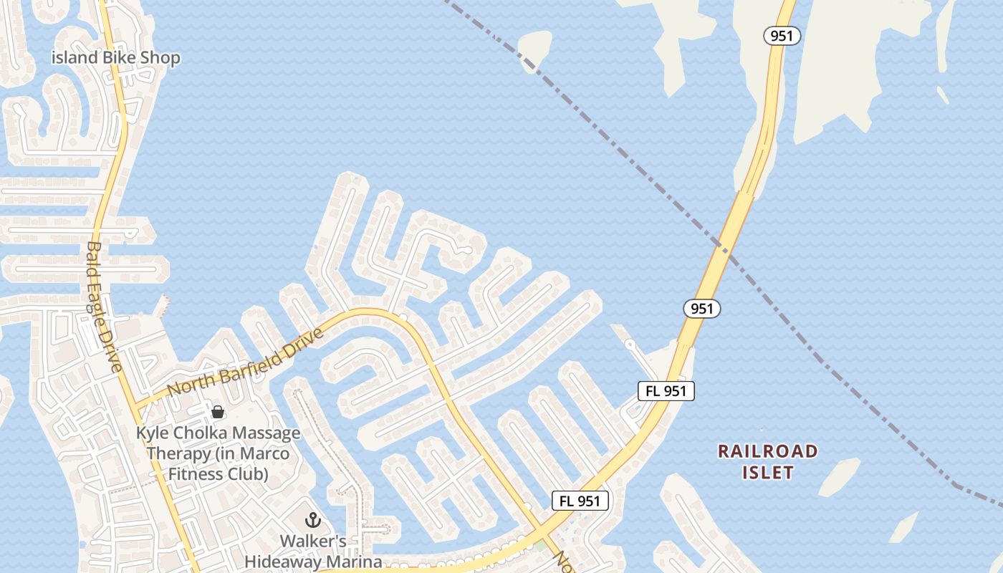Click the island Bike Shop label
pyautogui.click(x=116, y=58)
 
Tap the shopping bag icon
pyautogui.click(x=218, y=412)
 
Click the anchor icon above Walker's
pyautogui.click(x=313, y=519)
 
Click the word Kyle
pyautogui.click(x=152, y=433)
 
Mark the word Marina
pyautogui.click(x=356, y=562)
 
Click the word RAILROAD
pyautogui.click(x=767, y=451)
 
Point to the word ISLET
pyautogui.click(x=767, y=473)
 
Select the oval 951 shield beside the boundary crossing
pyautogui.click(x=701, y=309)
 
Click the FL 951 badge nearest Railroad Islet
pyautogui.click(x=666, y=391)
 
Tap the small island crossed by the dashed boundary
pyautogui.click(x=534, y=49)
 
